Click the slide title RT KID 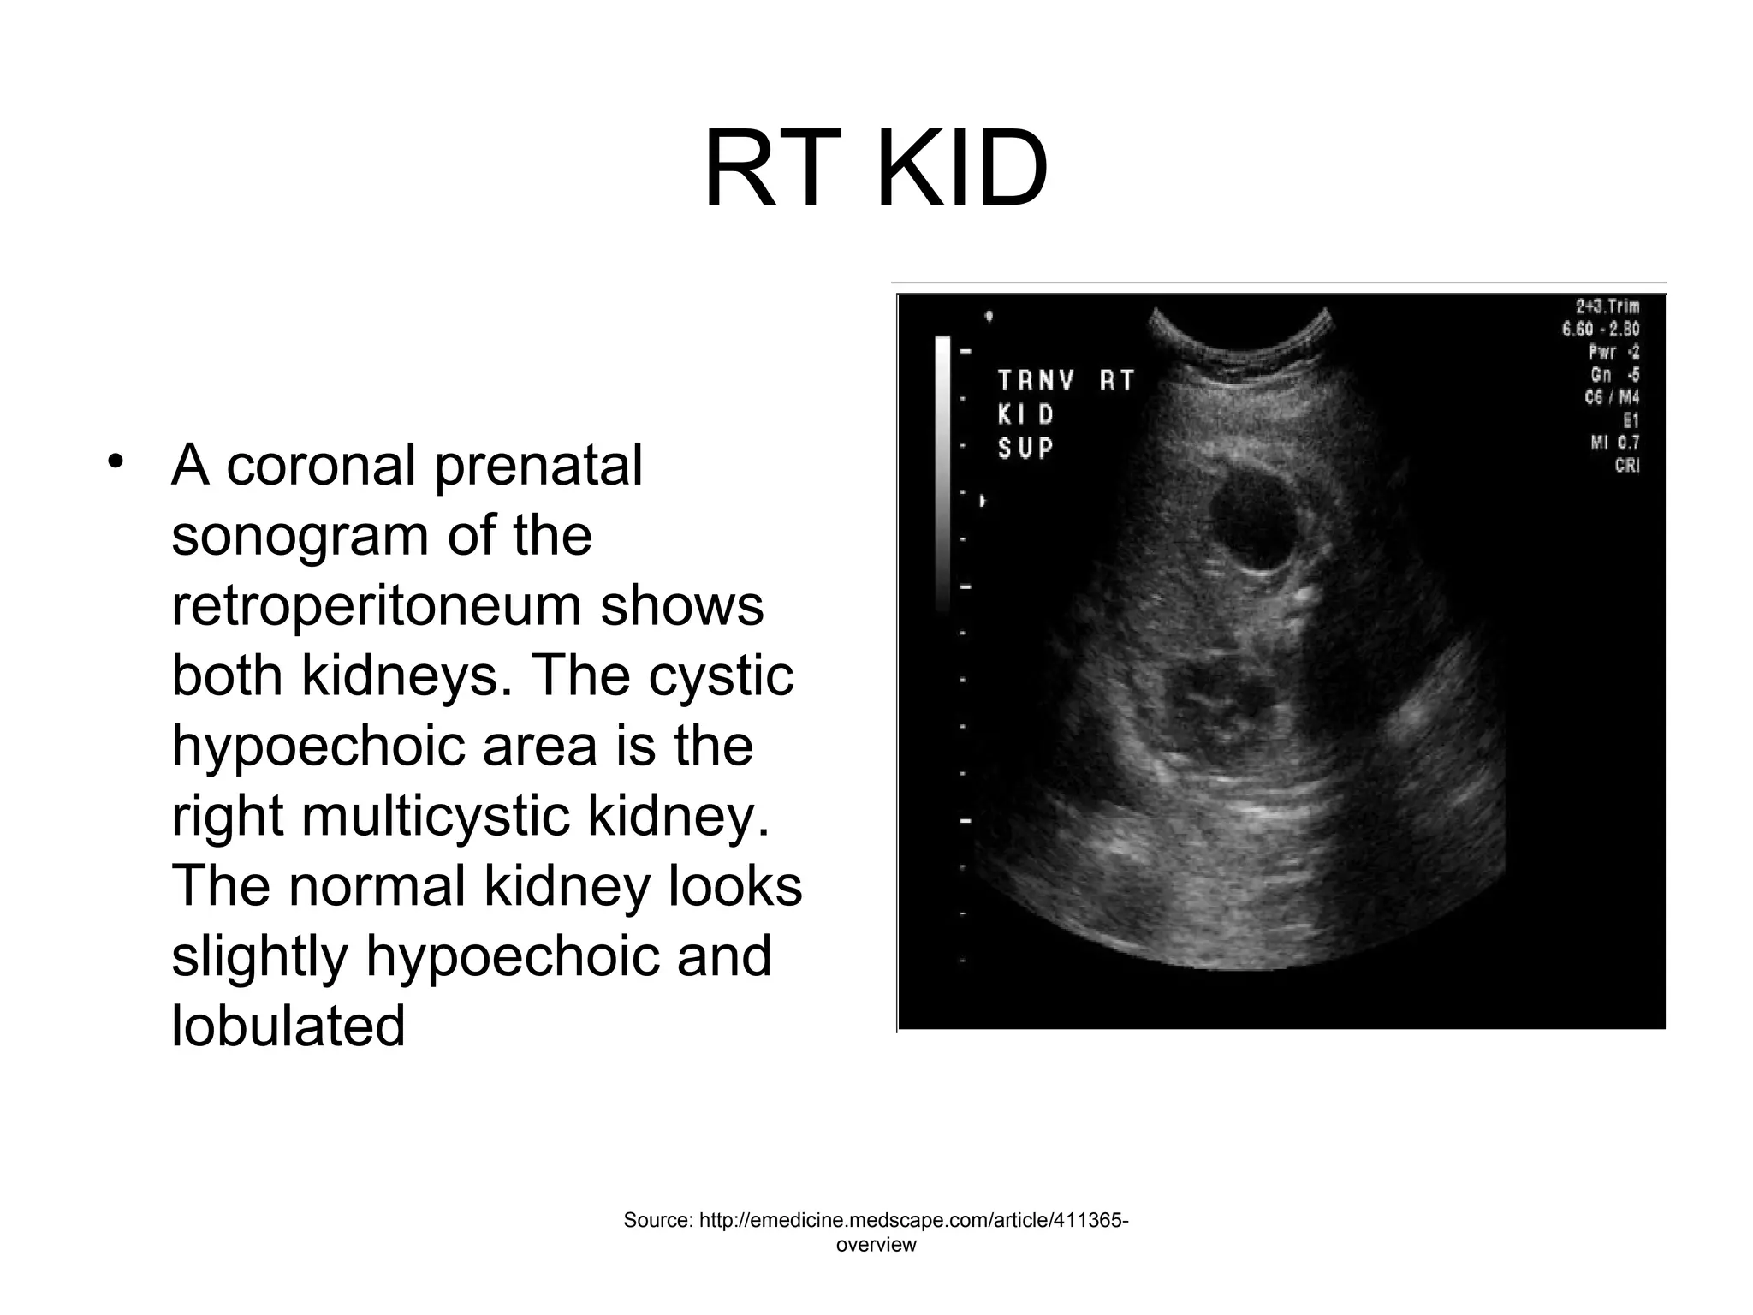pyautogui.click(x=876, y=170)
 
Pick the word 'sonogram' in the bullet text pyautogui.click(x=297, y=538)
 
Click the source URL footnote pyautogui.click(x=876, y=1231)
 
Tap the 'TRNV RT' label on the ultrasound pyautogui.click(x=1066, y=380)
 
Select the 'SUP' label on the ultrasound pyautogui.click(x=1025, y=448)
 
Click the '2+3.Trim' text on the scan pyautogui.click(x=1607, y=306)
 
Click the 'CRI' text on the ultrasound pyautogui.click(x=1626, y=466)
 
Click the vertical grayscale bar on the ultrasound pyautogui.click(x=942, y=471)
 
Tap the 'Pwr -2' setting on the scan pyautogui.click(x=1613, y=352)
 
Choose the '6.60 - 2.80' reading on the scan pyautogui.click(x=1601, y=329)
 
